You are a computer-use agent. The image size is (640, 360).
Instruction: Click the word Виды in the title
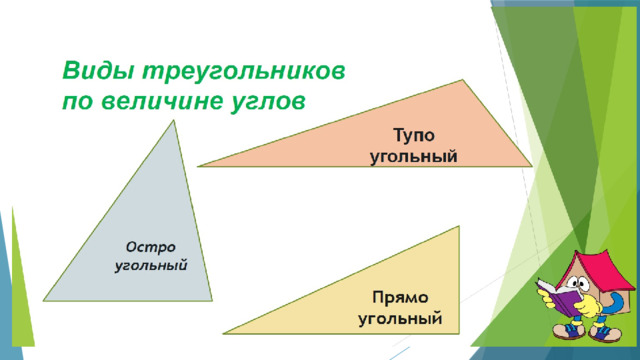98,70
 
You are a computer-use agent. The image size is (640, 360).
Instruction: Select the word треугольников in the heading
243,72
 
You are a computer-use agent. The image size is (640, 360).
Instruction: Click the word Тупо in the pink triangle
414,136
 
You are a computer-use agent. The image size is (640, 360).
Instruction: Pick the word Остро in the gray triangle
151,247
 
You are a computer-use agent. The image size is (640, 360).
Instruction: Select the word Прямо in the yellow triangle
400,298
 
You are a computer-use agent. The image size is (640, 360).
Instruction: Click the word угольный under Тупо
413,157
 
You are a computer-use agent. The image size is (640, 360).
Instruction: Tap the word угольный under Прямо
400,318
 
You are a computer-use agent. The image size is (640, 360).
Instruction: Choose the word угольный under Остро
151,266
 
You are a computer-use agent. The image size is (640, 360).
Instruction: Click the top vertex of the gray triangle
173,120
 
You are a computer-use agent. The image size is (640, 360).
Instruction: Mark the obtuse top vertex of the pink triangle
462,80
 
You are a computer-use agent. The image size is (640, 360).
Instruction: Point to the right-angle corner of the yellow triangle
459,333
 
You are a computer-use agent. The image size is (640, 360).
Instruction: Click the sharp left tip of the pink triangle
198,166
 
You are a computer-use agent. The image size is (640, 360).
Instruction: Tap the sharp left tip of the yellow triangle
223,333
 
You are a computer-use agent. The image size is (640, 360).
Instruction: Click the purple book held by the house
557,297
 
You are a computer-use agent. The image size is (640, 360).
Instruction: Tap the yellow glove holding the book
589,305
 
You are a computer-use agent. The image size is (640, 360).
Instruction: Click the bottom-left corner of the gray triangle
44,301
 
